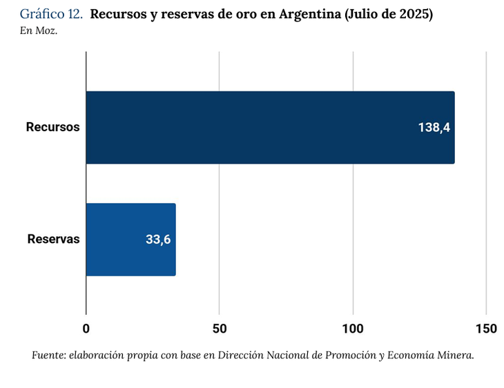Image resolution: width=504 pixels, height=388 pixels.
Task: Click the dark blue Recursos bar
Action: click(x=269, y=128)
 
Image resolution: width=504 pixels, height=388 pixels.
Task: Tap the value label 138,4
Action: click(x=434, y=128)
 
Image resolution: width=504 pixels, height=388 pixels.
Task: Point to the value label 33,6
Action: click(x=158, y=240)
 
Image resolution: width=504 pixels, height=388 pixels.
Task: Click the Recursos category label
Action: click(x=53, y=128)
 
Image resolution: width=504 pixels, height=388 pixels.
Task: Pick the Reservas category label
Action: click(x=53, y=240)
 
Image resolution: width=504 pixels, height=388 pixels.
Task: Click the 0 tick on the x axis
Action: click(x=86, y=329)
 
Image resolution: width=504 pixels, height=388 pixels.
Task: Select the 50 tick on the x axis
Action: click(x=220, y=329)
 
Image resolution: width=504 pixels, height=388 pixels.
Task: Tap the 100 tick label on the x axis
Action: click(x=353, y=329)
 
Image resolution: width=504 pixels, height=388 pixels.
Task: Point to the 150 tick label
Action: click(x=486, y=329)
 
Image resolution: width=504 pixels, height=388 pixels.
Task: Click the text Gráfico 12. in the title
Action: click(x=52, y=14)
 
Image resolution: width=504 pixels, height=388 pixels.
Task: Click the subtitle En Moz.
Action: click(x=39, y=30)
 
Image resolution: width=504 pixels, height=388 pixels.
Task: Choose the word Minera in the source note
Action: click(x=456, y=356)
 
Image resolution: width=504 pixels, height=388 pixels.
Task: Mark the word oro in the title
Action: click(x=246, y=14)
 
